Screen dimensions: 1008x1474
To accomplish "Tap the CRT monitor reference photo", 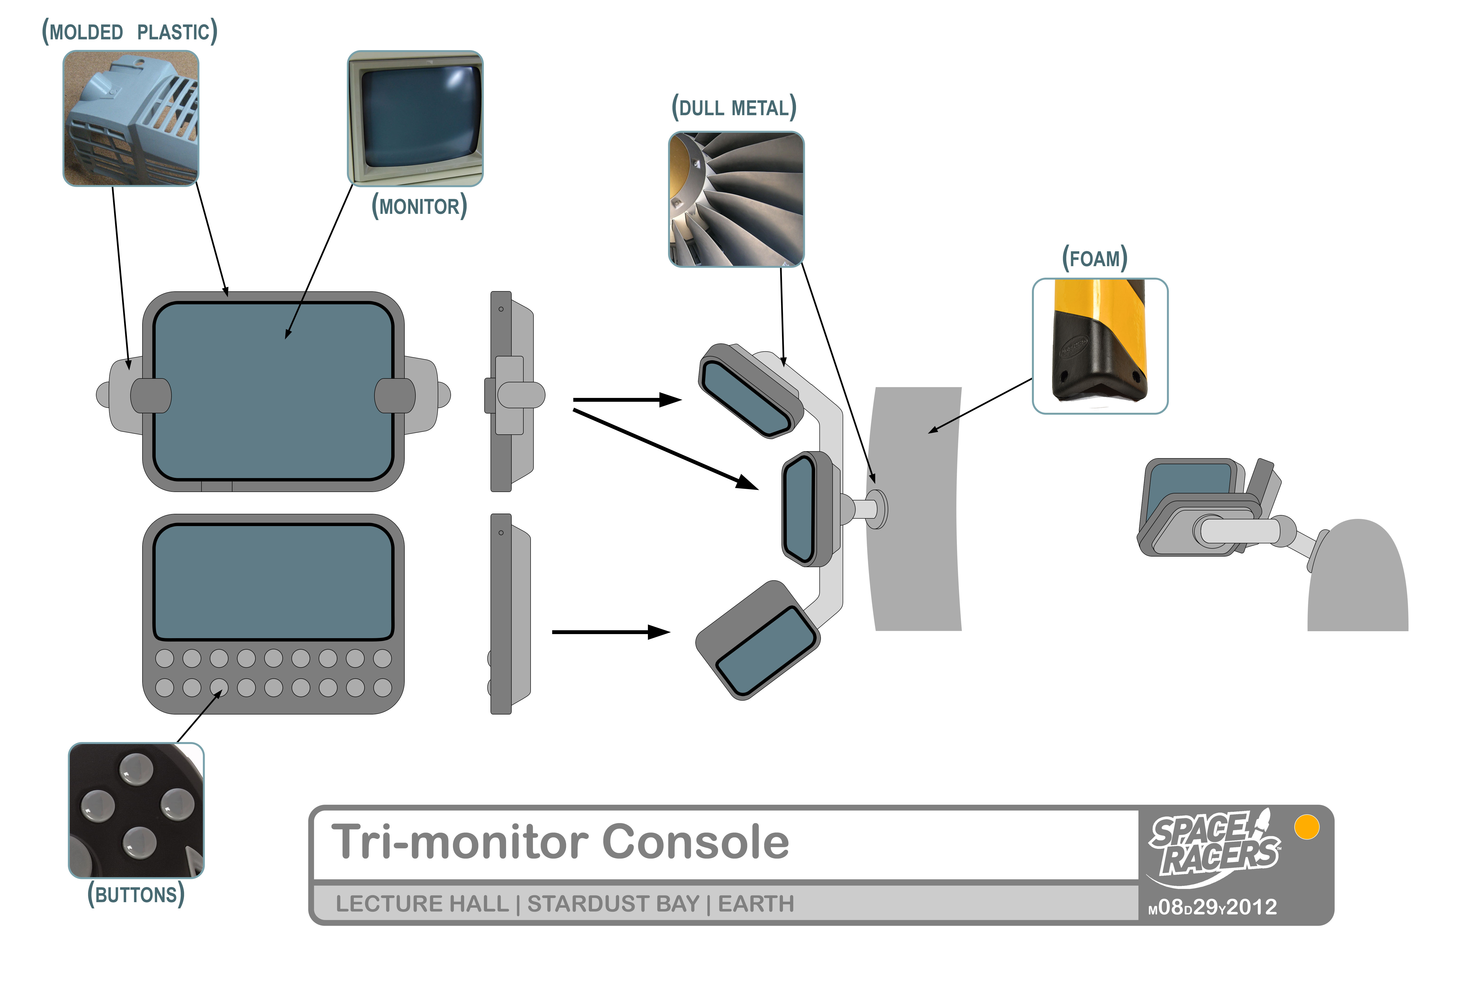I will pyautogui.click(x=415, y=119).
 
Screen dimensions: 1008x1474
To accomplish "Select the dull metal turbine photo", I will pyautogui.click(x=736, y=199).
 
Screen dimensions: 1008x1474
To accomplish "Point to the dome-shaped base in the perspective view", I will pyautogui.click(x=1357, y=578).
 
